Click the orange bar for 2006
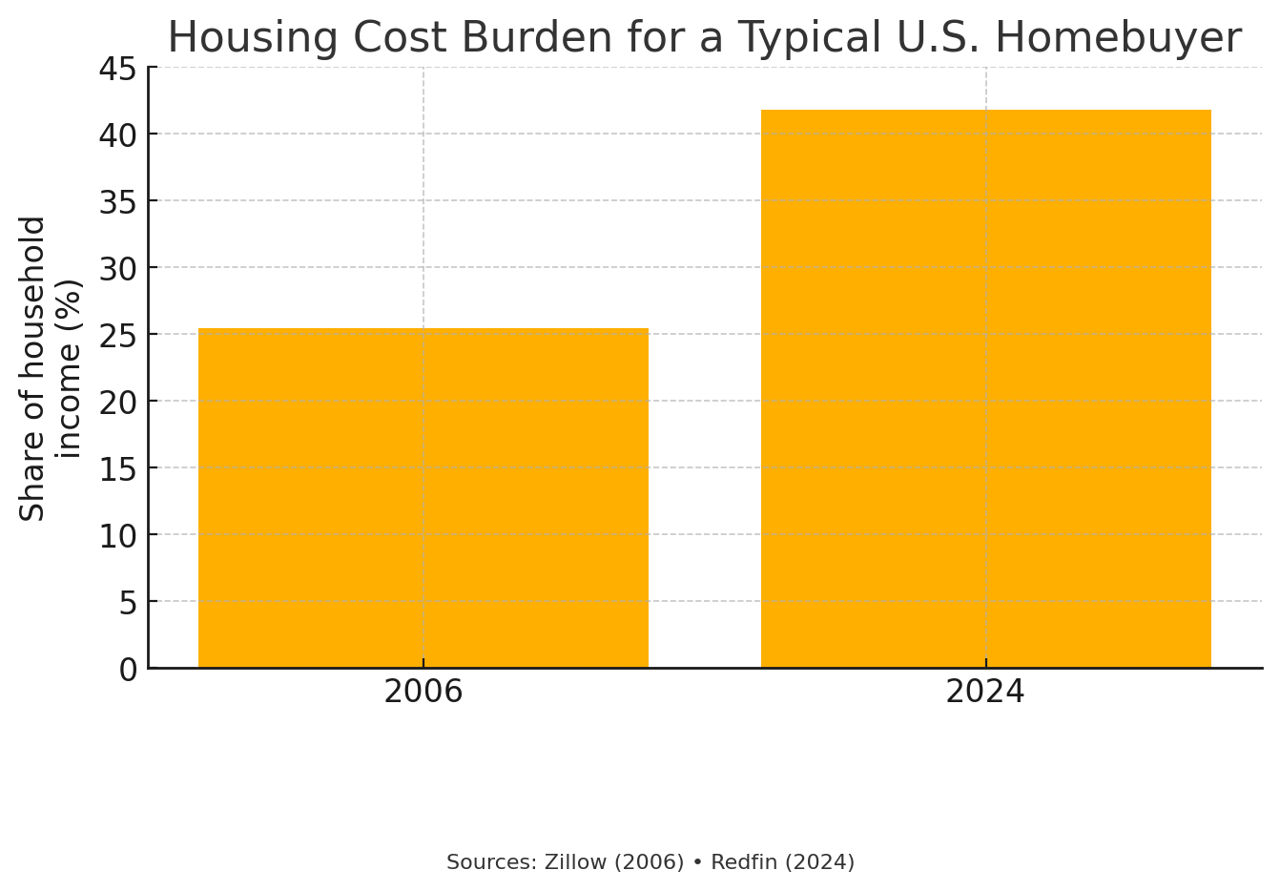423,498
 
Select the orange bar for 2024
985,389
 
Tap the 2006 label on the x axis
423,692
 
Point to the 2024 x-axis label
985,692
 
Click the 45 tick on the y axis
118,69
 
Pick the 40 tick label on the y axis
118,135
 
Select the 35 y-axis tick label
118,201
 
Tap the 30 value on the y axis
118,268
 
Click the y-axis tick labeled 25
118,335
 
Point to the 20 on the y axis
118,402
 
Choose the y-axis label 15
118,468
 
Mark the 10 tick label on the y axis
118,535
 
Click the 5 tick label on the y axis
128,602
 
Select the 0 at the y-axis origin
128,670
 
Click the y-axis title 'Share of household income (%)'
51,368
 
